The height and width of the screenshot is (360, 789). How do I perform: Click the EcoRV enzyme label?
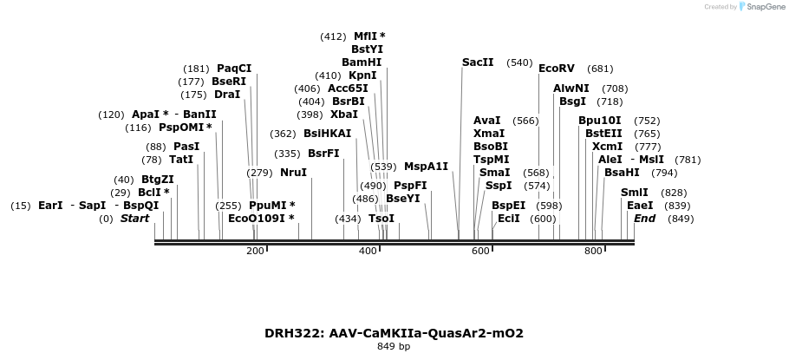coord(557,69)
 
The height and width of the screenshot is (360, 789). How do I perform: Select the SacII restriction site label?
coord(478,62)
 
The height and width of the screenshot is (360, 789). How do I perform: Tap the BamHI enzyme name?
coord(362,62)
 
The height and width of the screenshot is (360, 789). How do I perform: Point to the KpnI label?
coord(362,75)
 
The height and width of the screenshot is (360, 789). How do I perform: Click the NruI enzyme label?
coord(294,173)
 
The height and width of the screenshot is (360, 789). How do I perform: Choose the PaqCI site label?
coord(234,69)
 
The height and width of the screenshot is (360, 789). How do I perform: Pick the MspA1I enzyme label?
coord(427,167)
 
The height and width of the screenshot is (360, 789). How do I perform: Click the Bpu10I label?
coord(600,121)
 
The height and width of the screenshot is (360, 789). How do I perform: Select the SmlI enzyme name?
coord(635,193)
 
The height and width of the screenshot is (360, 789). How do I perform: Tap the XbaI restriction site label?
coord(344,115)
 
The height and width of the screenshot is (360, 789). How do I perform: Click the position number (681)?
coord(600,69)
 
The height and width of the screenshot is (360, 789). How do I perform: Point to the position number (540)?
coord(519,62)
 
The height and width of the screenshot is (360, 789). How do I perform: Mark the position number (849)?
coord(681,219)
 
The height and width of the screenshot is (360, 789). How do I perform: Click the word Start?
coord(134,219)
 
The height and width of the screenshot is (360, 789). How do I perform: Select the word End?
coord(644,219)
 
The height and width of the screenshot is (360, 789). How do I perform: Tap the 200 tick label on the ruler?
coord(255,252)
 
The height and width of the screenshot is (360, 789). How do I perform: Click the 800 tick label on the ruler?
coord(593,252)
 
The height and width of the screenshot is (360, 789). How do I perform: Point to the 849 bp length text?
coord(394,347)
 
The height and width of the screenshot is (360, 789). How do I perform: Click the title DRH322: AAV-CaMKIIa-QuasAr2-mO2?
coord(394,333)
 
